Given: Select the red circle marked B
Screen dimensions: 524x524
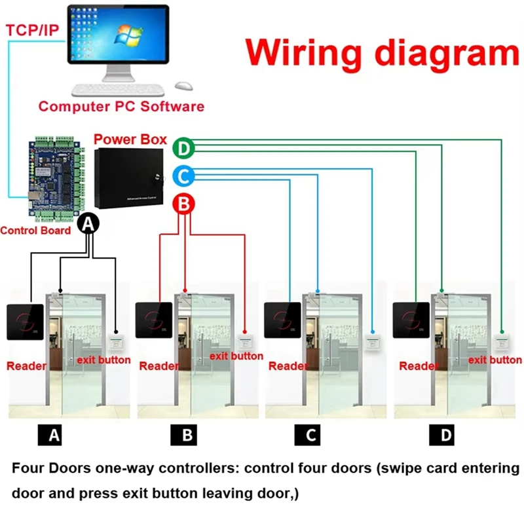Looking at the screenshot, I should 184,204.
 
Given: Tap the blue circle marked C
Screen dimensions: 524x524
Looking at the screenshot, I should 184,176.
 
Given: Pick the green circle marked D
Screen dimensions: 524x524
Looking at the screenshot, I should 184,149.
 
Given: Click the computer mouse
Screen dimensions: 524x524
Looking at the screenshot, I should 184,86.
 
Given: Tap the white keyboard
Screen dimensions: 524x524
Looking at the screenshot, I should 118,90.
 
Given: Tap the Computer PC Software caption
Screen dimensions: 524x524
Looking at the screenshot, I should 121,106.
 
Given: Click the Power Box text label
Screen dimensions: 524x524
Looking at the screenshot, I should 130,140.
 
